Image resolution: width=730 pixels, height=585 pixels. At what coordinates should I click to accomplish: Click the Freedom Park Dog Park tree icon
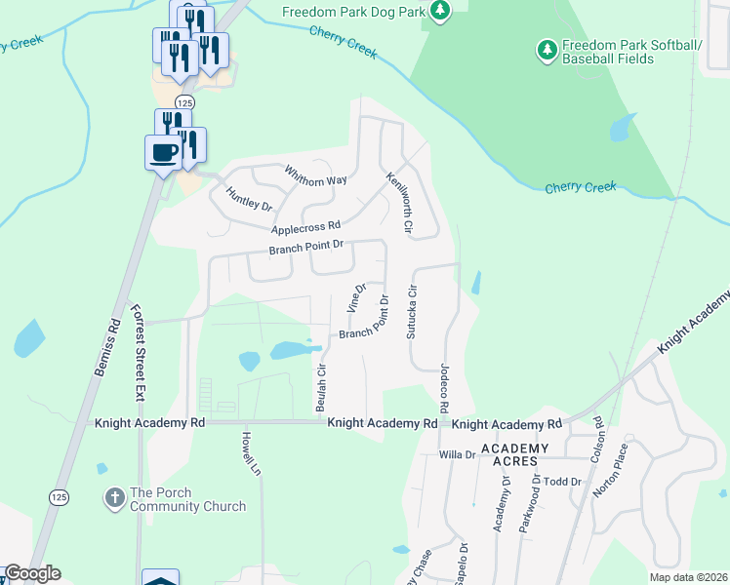coord(441,11)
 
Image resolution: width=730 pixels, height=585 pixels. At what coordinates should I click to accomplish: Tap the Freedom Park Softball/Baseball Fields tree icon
coord(547,47)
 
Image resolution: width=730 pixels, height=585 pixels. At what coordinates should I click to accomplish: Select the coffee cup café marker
coord(163,152)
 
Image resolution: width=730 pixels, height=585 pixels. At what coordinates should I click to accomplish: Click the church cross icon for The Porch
coord(114,498)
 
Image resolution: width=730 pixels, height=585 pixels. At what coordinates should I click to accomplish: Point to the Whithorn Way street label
coord(316,175)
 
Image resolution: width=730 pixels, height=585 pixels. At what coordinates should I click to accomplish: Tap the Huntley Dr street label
coord(248,199)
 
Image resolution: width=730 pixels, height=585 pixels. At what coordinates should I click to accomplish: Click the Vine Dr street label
coord(356,298)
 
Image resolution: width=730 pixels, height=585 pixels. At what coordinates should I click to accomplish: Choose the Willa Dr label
coord(456,454)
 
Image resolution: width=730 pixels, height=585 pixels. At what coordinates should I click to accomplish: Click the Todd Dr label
coord(562,482)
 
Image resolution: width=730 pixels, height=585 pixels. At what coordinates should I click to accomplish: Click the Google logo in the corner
coord(32,573)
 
